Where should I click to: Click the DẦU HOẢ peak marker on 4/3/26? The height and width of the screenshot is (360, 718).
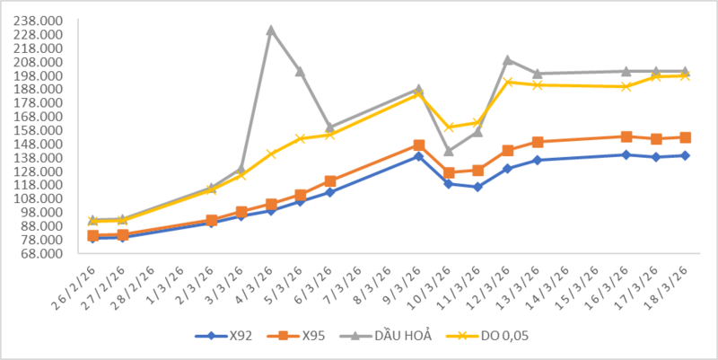coord(271,30)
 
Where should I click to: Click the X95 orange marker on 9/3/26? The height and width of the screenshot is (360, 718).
coord(419,145)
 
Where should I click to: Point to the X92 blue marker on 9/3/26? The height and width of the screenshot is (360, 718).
coord(419,156)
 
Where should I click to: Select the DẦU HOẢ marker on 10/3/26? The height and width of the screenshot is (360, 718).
coord(449,151)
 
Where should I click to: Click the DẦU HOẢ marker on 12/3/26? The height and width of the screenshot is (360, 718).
coord(508,60)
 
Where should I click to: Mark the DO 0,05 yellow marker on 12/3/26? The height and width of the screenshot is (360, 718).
coord(508,82)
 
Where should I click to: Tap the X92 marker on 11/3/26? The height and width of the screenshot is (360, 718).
coord(478,187)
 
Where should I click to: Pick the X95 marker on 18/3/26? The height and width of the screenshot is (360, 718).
coord(685,137)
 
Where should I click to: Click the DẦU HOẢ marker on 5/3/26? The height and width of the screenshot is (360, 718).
coord(301,71)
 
